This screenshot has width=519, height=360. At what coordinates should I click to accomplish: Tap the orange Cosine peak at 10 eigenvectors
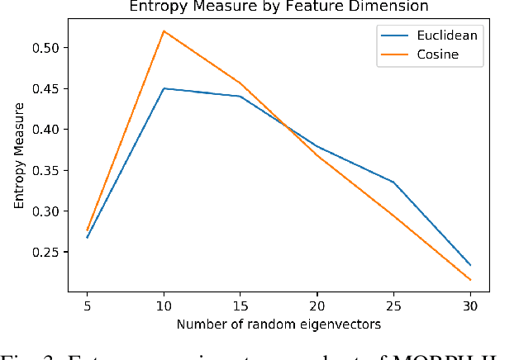(x=164, y=31)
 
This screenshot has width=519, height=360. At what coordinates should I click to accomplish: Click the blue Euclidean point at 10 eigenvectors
(x=164, y=88)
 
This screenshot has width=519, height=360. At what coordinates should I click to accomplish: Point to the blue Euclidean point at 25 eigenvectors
(x=393, y=182)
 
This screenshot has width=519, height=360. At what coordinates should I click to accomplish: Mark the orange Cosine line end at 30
(x=470, y=280)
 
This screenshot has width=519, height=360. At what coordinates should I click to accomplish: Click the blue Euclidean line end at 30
(x=470, y=265)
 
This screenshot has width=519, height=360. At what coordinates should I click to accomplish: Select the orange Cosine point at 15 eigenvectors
(x=240, y=83)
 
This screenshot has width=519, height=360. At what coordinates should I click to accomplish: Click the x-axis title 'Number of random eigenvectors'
(x=279, y=324)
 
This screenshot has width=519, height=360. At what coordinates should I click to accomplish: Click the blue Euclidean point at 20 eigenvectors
(x=317, y=146)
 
